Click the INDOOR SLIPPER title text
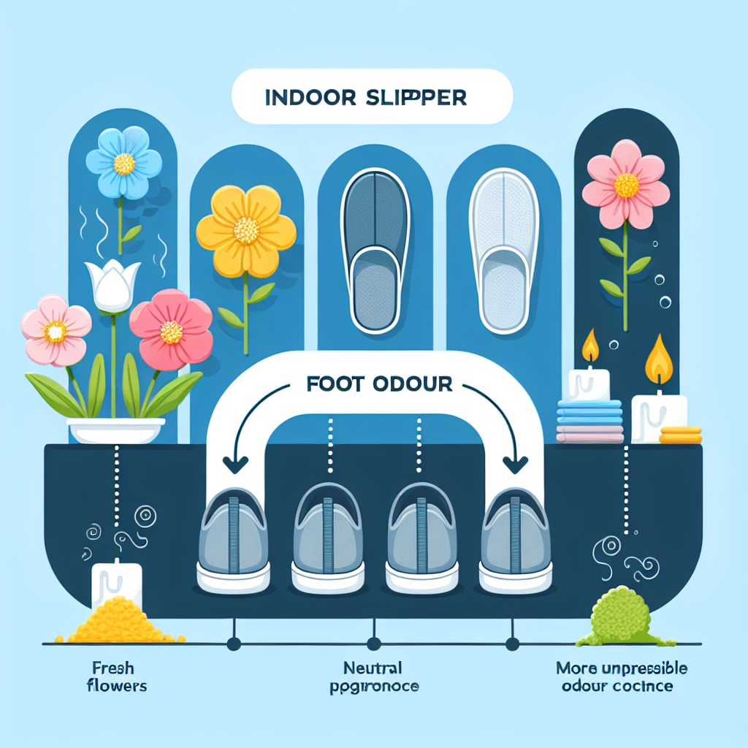click(372, 98)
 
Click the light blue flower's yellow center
click(124, 164)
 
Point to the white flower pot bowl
click(115, 430)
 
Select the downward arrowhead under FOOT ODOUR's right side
click(517, 465)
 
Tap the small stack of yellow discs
click(680, 435)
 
